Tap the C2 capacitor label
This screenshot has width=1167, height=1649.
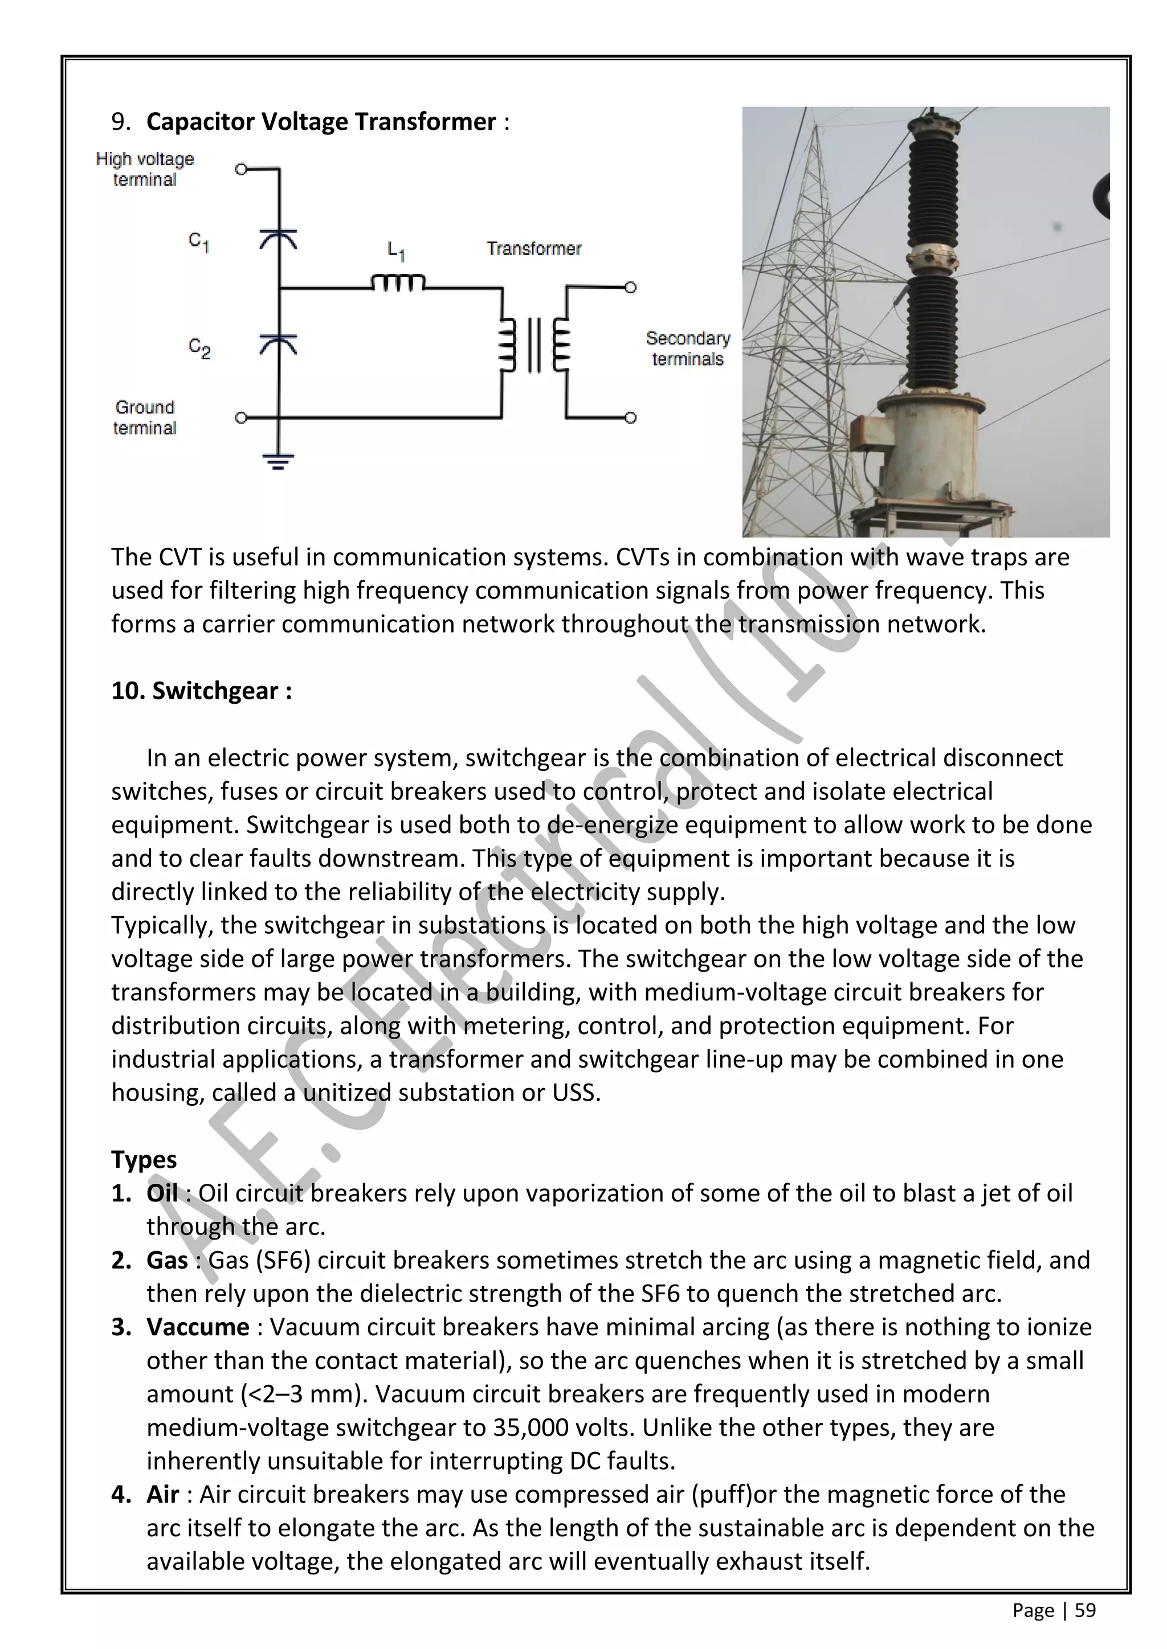199,348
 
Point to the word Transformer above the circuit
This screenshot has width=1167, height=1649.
533,248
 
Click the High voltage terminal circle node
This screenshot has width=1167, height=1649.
242,170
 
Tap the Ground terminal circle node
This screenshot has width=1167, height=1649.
242,417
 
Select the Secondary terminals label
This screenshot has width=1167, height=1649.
687,348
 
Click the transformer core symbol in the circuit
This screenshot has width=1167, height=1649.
534,346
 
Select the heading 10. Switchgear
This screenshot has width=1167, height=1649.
201,690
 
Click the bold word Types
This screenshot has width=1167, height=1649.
144,1159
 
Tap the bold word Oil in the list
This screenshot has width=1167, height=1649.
162,1193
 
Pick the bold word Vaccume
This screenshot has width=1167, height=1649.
198,1327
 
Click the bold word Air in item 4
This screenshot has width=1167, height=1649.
162,1494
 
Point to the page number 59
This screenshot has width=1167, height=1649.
1085,1610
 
